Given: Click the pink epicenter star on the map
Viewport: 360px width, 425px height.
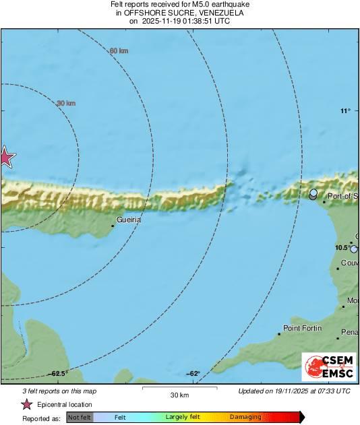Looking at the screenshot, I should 6,157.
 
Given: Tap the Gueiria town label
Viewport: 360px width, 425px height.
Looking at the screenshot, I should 128,220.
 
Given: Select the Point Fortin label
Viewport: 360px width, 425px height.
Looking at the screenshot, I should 301,328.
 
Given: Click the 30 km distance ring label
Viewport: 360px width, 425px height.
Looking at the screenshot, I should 65,103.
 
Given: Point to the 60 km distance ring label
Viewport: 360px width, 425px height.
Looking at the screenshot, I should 119,51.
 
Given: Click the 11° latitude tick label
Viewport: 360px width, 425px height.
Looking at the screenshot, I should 345,111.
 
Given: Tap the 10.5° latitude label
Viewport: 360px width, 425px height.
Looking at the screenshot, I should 343,248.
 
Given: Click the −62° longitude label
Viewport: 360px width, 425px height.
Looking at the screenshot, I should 193,373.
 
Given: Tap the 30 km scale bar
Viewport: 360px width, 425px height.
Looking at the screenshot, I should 179,388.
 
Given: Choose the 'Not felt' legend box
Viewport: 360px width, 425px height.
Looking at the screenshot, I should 80,418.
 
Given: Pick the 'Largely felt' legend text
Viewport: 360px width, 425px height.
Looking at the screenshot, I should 181,418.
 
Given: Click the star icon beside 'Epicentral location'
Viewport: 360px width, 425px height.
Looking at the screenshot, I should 27,405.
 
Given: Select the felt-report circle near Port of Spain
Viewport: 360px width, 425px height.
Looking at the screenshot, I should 313,195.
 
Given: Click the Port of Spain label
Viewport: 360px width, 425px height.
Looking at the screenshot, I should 342,196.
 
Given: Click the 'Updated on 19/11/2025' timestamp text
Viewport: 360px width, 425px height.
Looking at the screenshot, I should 295,391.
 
